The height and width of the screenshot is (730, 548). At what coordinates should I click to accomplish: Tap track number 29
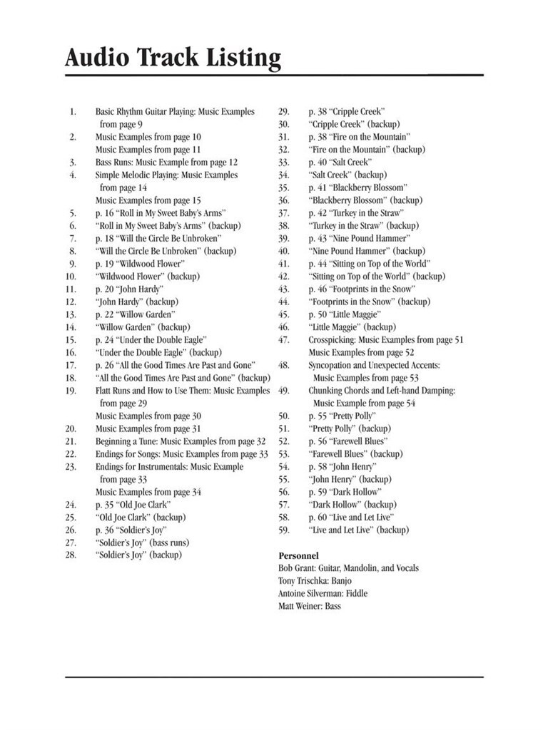pyautogui.click(x=283, y=111)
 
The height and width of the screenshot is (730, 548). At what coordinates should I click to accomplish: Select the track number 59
pyautogui.click(x=283, y=530)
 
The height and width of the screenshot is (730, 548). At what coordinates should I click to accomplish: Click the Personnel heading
pyautogui.click(x=298, y=555)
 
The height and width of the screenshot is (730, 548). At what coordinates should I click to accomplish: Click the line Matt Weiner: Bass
pyautogui.click(x=310, y=606)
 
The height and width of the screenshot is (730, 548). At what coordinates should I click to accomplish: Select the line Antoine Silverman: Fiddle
pyautogui.click(x=323, y=594)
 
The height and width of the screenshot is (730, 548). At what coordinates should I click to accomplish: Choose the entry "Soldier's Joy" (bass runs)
pyautogui.click(x=143, y=543)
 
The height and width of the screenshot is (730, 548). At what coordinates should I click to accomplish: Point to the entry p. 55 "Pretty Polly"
pyautogui.click(x=342, y=416)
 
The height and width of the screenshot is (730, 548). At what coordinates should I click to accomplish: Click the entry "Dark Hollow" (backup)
pyautogui.click(x=352, y=505)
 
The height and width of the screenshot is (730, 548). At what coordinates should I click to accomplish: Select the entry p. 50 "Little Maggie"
pyautogui.click(x=345, y=314)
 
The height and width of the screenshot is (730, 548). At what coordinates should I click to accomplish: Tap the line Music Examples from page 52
pyautogui.click(x=361, y=353)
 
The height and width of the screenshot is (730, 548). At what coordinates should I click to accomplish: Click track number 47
pyautogui.click(x=283, y=340)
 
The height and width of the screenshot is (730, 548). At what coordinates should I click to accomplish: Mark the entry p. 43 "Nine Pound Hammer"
pyautogui.click(x=359, y=238)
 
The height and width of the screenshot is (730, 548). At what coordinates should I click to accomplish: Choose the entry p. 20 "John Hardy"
pyautogui.click(x=129, y=289)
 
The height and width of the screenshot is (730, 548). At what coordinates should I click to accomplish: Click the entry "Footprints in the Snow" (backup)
pyautogui.click(x=369, y=302)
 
